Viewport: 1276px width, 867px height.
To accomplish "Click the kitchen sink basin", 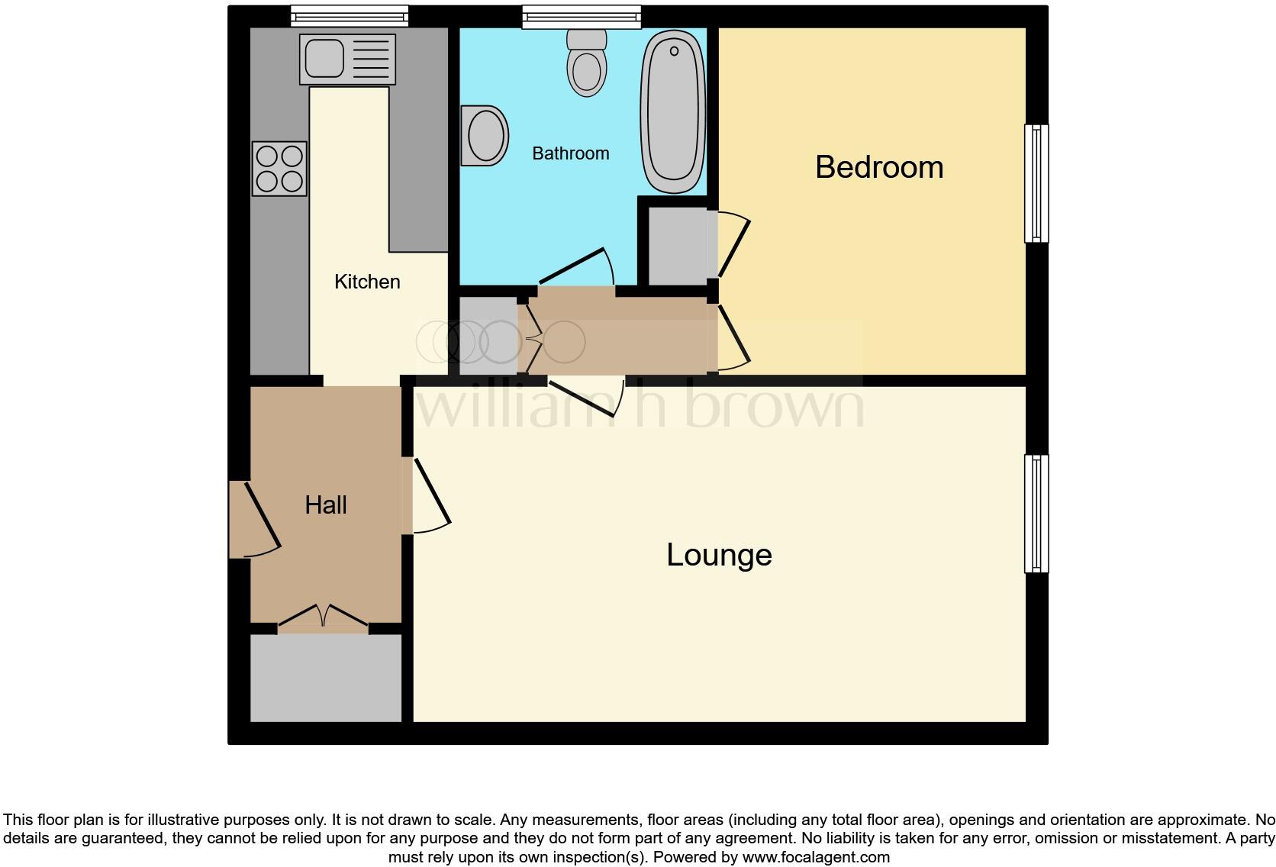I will (324, 58).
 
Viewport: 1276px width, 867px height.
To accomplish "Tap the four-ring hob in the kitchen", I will (279, 169).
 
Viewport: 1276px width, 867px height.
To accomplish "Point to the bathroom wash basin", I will (485, 136).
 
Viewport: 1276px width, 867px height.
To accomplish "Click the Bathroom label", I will (570, 153).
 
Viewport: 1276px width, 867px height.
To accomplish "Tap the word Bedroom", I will (878, 167).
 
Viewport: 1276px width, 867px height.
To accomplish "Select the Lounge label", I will (719, 555).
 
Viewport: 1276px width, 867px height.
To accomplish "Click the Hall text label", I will (326, 505).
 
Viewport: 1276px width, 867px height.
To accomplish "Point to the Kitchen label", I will (367, 282).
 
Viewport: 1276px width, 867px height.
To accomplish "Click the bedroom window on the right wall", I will (1036, 183).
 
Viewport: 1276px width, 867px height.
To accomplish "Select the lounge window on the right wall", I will (1036, 514).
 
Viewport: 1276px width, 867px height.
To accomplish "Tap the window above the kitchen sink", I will (350, 16).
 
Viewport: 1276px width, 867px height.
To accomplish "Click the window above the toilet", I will (582, 16).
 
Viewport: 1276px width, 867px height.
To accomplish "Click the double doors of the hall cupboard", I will (323, 617).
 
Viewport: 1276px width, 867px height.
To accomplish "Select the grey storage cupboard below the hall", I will (326, 678).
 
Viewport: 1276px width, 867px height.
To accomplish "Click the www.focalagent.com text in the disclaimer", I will (816, 857).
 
